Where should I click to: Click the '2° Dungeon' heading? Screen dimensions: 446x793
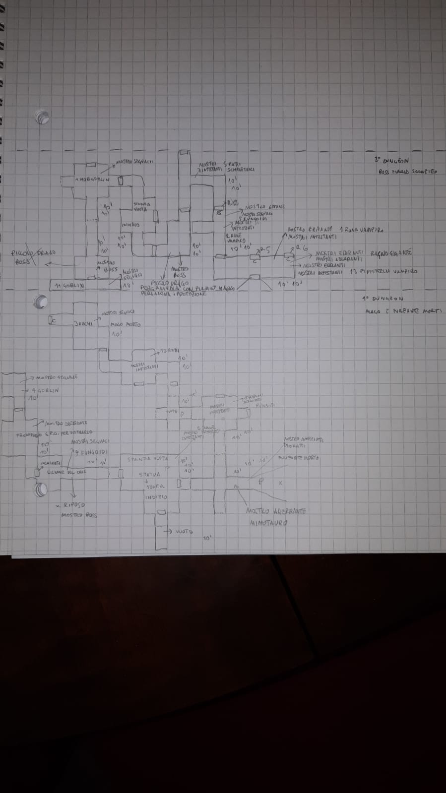click(392, 160)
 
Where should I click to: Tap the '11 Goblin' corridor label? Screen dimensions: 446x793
click(68, 286)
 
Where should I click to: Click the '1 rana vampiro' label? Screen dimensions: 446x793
click(364, 230)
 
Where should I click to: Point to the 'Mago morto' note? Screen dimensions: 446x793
click(126, 324)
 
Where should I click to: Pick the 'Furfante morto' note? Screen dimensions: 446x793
click(299, 457)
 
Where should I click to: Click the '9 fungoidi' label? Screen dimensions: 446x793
click(90, 452)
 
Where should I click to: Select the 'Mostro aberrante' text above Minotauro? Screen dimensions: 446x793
click(276, 511)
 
